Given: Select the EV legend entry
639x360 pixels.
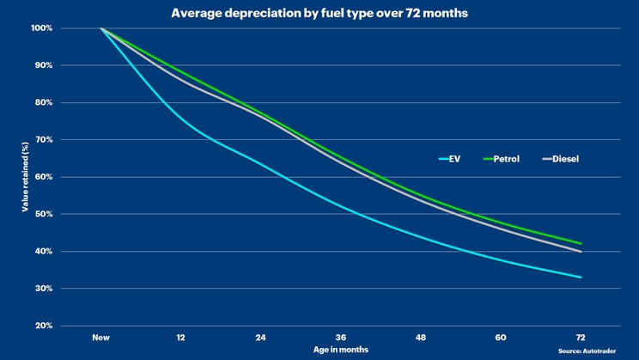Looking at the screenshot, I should point(450,159).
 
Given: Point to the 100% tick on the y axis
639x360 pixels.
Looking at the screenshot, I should point(42,28).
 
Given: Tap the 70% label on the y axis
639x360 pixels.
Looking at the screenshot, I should point(44,140).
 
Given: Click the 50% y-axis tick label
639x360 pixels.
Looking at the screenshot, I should point(44,214).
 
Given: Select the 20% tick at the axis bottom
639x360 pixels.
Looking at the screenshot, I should point(44,326).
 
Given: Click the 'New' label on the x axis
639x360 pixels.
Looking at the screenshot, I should point(101,338).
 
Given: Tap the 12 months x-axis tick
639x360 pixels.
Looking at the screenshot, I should point(181,338).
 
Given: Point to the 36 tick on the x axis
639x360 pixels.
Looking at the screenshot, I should point(341,338).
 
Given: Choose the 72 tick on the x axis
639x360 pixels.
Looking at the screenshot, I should point(581,338).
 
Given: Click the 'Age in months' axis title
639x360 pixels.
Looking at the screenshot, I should point(341,351).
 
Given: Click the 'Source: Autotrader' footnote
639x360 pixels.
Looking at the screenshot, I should point(593,351).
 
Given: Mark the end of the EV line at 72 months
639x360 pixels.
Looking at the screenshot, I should point(581,278).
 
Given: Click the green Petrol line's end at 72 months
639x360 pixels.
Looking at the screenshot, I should point(581,244).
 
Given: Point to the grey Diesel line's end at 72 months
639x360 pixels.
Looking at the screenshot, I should point(581,252).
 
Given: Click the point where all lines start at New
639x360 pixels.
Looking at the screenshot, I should point(101,28).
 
